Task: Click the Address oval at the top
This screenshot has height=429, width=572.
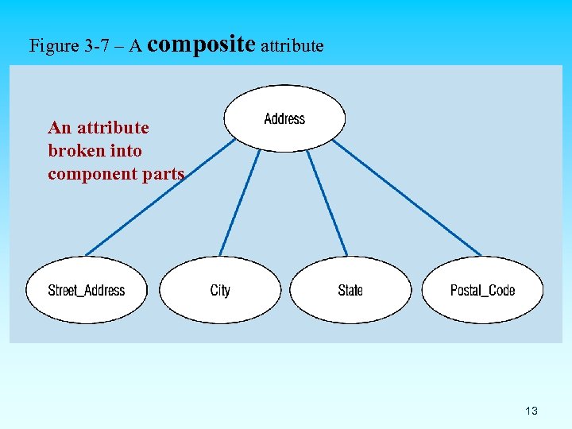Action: point(284,118)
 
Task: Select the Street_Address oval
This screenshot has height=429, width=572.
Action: point(86,290)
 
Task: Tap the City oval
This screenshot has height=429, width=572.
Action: point(220,290)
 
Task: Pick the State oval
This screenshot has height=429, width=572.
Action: point(350,290)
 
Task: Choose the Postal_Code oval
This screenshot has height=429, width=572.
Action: point(482,290)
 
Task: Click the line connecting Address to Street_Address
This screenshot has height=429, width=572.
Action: point(159,198)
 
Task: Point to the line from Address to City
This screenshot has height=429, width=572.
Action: point(239,203)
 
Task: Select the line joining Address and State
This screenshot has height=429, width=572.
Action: point(327,203)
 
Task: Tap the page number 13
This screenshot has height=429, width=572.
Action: point(531,411)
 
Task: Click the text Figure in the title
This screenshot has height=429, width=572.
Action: point(54,46)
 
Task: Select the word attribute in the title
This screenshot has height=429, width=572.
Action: point(292,46)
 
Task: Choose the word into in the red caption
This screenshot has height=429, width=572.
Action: point(126,151)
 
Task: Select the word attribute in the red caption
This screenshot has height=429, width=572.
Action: point(113,128)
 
